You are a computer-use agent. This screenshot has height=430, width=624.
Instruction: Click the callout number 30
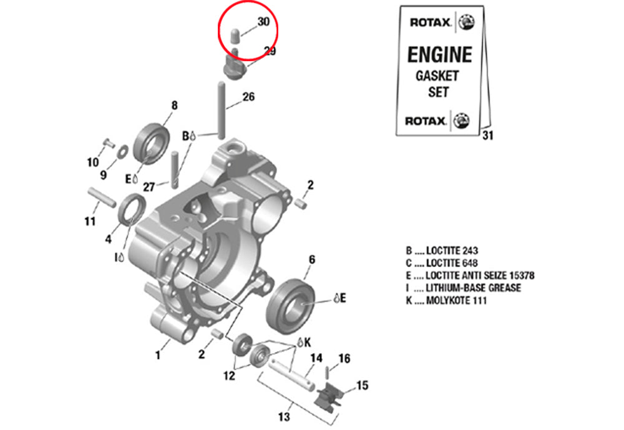(x=263, y=22)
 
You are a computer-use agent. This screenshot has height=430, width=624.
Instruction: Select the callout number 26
(x=248, y=97)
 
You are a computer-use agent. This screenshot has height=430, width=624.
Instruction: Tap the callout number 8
(x=174, y=105)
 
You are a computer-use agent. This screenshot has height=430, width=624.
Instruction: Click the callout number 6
(x=311, y=259)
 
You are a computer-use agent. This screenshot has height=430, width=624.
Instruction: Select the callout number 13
(x=284, y=416)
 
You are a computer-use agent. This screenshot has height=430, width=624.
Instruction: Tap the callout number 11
(x=90, y=221)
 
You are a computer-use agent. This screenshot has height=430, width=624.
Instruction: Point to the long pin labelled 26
(x=220, y=110)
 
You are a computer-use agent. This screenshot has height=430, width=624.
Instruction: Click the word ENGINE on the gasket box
(x=439, y=54)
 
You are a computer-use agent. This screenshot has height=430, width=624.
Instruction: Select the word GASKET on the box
(x=437, y=76)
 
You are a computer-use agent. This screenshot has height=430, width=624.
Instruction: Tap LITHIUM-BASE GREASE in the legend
(x=473, y=288)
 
